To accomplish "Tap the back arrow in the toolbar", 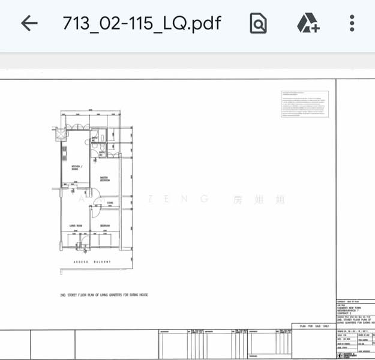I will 29,23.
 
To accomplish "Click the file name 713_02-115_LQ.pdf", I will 142,23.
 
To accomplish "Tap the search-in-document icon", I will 258,23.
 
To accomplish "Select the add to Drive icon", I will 308,23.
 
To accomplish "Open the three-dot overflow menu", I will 352,23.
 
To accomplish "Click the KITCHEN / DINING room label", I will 76,167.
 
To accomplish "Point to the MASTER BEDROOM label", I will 104,179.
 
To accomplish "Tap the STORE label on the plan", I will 110,203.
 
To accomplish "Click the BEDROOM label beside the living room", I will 104,226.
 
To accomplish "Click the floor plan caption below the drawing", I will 103,295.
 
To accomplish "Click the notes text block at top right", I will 305,104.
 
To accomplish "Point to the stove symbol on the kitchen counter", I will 63,158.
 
